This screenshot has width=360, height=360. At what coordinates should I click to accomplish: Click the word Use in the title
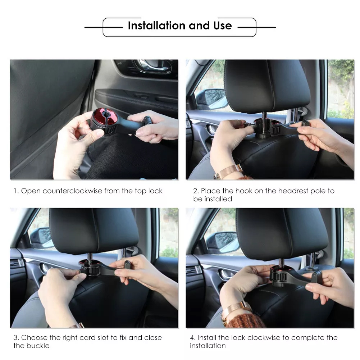[223, 26]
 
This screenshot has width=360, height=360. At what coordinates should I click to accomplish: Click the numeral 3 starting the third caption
[15, 337]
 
